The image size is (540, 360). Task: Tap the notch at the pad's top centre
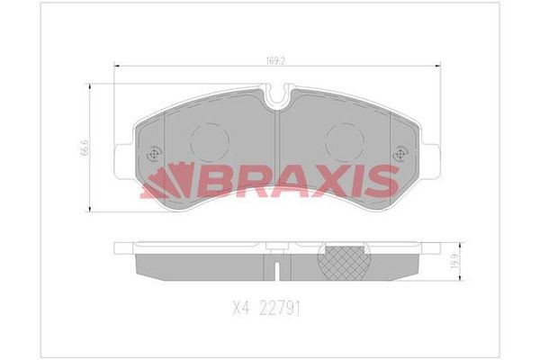click(278, 92)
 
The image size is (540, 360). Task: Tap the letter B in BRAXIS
click(203, 181)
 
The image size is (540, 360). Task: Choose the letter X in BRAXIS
click(310, 181)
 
